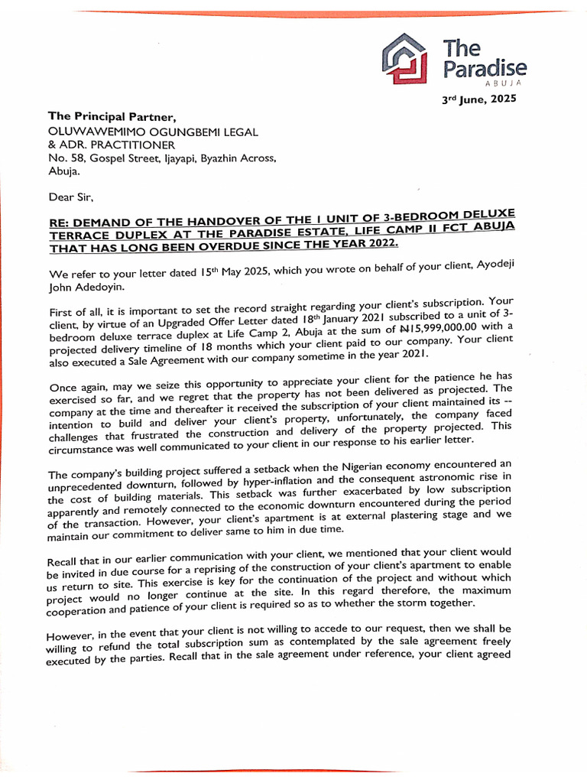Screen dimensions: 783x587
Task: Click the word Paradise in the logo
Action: point(485,69)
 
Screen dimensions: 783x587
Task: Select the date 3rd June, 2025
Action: point(480,99)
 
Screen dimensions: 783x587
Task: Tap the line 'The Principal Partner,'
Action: point(112,117)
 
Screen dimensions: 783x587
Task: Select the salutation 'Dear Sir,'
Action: point(70,197)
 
